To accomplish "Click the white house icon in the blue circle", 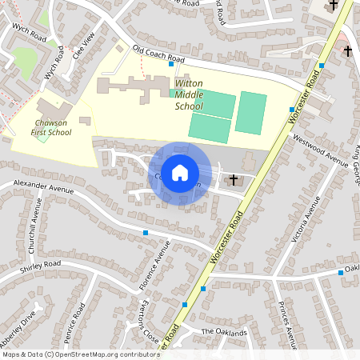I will (x=180, y=172).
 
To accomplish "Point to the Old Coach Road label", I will (x=158, y=54).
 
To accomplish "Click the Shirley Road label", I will (x=41, y=265).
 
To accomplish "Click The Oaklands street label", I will (x=219, y=331).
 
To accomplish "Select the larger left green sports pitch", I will (x=211, y=114).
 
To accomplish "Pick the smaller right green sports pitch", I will (x=250, y=113).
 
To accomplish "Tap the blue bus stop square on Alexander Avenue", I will (x=146, y=233).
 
